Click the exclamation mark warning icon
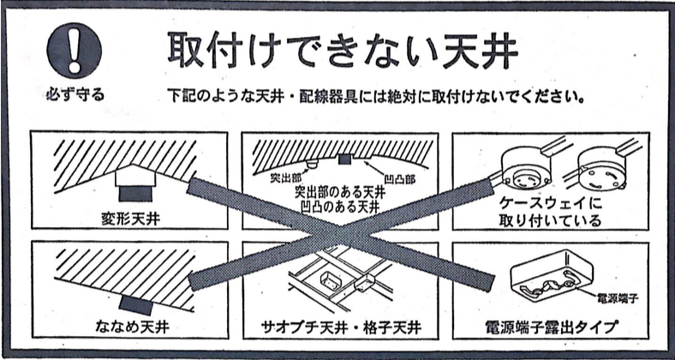tap(74, 51)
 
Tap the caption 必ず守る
tap(75, 94)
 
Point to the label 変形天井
tap(130, 219)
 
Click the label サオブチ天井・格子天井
tap(341, 328)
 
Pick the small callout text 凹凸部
tap(399, 178)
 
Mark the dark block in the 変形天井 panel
tap(135, 194)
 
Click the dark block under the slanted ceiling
tap(135, 305)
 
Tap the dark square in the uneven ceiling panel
tap(345, 159)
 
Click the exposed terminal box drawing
tap(551, 276)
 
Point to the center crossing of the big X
tap(340, 233)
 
